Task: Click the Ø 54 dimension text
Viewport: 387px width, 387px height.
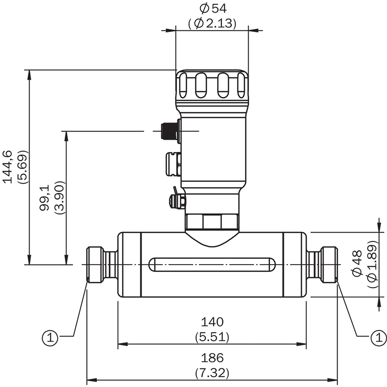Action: click(x=212, y=8)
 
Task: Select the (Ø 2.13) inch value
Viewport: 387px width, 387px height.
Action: click(x=212, y=23)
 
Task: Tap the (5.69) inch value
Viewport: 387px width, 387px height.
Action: click(x=22, y=166)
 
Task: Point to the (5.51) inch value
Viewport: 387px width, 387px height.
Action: click(x=212, y=336)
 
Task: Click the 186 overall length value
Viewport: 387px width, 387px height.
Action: click(x=212, y=358)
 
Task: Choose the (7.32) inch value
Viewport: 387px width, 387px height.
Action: click(x=212, y=372)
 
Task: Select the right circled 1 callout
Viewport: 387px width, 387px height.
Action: click(x=375, y=337)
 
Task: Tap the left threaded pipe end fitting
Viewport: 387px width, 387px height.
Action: click(x=95, y=264)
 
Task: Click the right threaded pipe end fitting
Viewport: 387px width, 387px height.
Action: click(x=328, y=264)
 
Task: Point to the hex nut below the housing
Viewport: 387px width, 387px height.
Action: click(x=212, y=222)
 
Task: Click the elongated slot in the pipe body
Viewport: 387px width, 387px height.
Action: click(x=212, y=264)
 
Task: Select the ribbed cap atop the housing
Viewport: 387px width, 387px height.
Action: click(x=212, y=86)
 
